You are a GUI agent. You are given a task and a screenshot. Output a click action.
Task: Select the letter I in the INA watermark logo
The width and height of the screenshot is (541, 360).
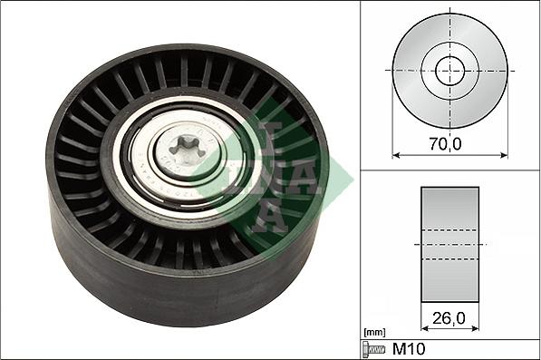[263, 136]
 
